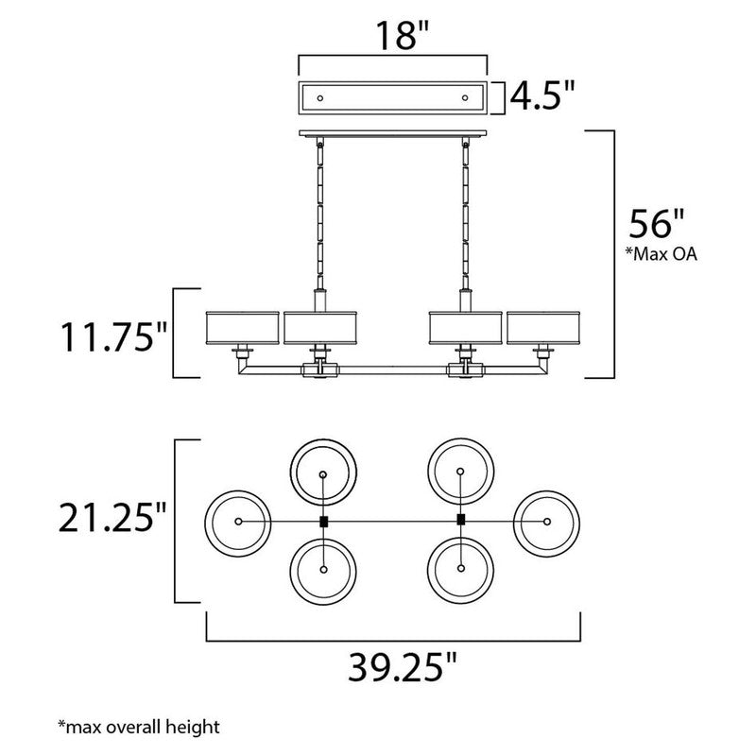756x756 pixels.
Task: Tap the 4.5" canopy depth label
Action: tap(542, 97)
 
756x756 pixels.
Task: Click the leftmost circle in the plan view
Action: tap(237, 522)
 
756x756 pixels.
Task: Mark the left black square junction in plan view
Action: tap(323, 522)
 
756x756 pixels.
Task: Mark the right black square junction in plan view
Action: tap(460, 521)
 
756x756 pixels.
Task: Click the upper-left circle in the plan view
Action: tap(323, 472)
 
